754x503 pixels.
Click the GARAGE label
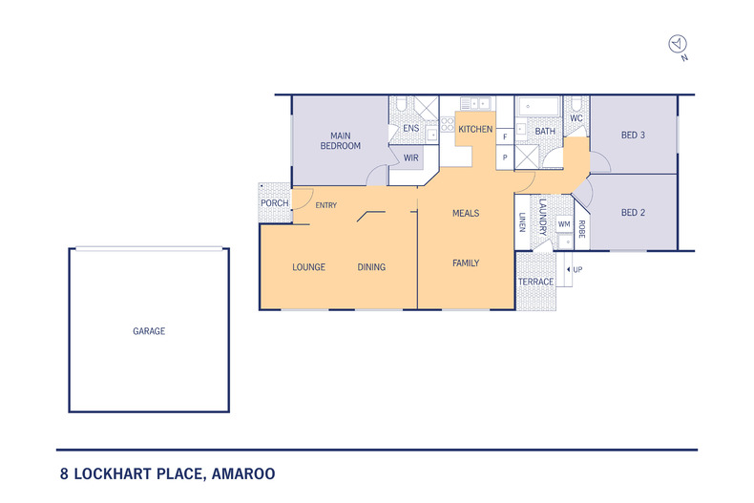coord(149,331)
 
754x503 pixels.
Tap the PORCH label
coord(275,203)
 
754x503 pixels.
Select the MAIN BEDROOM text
coord(341,141)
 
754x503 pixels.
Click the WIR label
coord(410,157)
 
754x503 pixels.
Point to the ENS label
coord(411,128)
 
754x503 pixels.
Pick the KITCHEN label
coord(475,129)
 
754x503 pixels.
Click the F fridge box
coord(505,136)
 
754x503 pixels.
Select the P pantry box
coord(505,157)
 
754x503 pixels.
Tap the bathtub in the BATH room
coord(538,105)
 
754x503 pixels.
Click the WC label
coord(576,118)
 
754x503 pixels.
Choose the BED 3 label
coord(633,136)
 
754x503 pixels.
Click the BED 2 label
coord(633,213)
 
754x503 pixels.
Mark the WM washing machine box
coord(564,224)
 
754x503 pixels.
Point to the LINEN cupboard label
coord(522,222)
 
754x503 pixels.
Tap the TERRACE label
coord(535,282)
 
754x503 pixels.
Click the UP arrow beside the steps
coord(569,269)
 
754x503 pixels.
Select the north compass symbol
coord(677,44)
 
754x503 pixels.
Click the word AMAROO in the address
coord(243,474)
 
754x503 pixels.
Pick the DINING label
coord(371,267)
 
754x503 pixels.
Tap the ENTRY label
coord(326,205)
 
